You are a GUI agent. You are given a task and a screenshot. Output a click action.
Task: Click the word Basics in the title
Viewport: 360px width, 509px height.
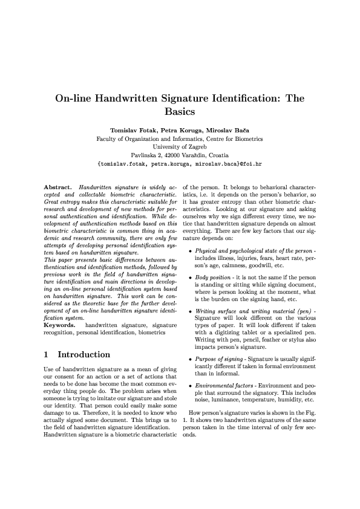[x=179, y=111]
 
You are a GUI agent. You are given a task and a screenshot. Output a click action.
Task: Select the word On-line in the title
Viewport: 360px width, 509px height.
[x=74, y=98]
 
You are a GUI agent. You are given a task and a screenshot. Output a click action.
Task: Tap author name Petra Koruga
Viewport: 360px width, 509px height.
[x=180, y=130]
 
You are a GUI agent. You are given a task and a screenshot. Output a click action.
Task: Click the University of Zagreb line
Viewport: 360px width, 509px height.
[x=180, y=146]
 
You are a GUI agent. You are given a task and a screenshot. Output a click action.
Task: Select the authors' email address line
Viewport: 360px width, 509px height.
[x=180, y=163]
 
